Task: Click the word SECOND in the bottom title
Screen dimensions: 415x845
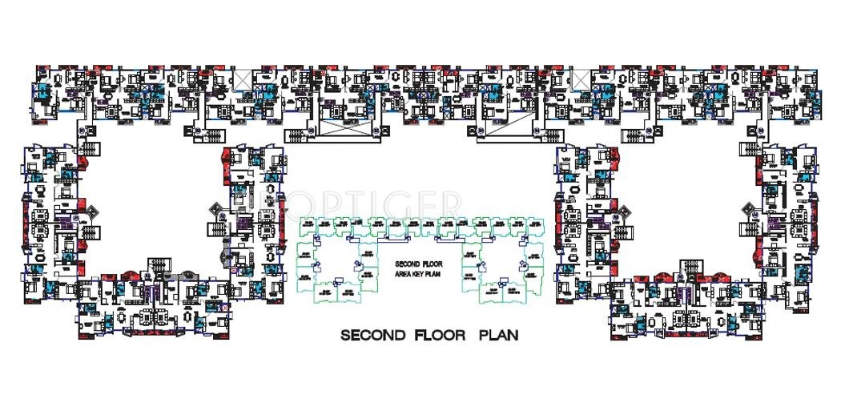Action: (x=370, y=334)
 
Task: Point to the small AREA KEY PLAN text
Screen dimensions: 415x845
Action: (x=413, y=273)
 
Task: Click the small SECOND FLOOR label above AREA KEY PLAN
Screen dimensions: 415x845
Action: (x=413, y=264)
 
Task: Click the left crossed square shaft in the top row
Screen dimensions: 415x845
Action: (x=241, y=78)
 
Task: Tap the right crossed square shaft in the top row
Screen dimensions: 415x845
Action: (x=581, y=79)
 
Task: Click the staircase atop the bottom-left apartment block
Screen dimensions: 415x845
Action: (x=158, y=268)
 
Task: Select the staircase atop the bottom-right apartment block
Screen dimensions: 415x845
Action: (x=686, y=268)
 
